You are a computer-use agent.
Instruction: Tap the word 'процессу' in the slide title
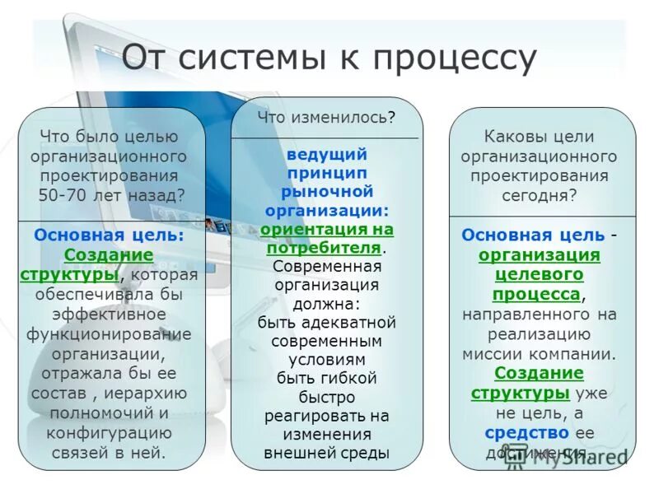click(454, 59)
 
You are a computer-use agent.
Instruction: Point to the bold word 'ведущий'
click(326, 155)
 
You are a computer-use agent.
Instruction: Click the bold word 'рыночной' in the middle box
click(326, 191)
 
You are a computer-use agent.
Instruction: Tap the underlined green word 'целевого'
click(539, 274)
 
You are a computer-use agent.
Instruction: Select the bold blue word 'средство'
click(526, 432)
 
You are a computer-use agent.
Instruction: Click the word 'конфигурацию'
click(109, 432)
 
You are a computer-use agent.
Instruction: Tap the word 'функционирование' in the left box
click(109, 333)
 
